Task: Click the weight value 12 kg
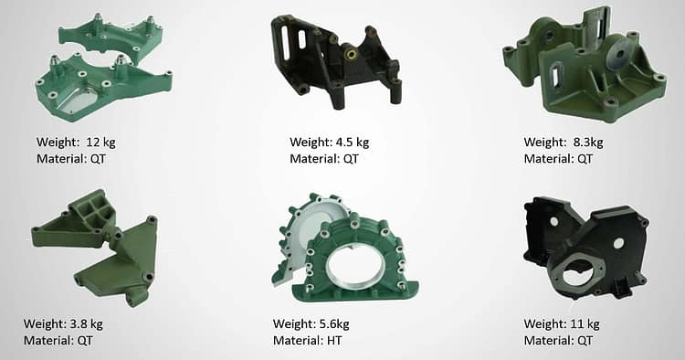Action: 100,143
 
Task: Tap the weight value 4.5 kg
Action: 353,143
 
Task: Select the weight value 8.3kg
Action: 588,143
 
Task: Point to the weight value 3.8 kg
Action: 87,324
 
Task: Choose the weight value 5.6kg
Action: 334,324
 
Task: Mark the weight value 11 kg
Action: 585,324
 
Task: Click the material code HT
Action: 334,340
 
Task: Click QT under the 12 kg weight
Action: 98,159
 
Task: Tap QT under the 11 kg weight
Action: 585,340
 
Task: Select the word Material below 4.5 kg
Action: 317,159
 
